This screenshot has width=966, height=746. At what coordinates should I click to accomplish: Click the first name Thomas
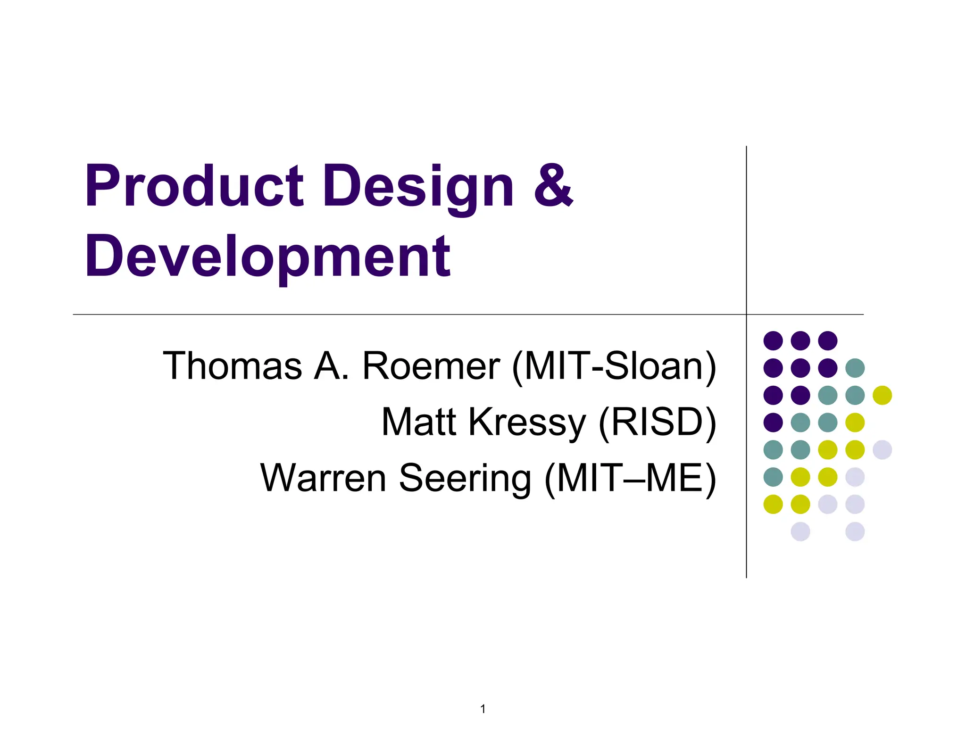232,365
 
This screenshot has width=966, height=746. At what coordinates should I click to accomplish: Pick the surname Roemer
431,365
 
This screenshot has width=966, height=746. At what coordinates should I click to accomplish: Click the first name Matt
419,422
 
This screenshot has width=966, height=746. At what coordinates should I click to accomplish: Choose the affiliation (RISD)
658,423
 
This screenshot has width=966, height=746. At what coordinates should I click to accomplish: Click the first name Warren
324,478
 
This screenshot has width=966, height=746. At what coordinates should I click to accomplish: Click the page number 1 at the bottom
483,709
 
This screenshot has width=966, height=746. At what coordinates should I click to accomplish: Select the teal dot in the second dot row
855,368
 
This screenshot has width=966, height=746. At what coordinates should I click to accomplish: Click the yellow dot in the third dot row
882,395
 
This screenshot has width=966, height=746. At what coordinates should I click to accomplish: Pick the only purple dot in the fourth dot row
773,423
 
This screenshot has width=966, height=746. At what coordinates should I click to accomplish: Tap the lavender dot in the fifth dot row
882,450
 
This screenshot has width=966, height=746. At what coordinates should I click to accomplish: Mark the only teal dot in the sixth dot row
773,477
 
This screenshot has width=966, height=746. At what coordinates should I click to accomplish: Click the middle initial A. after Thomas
332,365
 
